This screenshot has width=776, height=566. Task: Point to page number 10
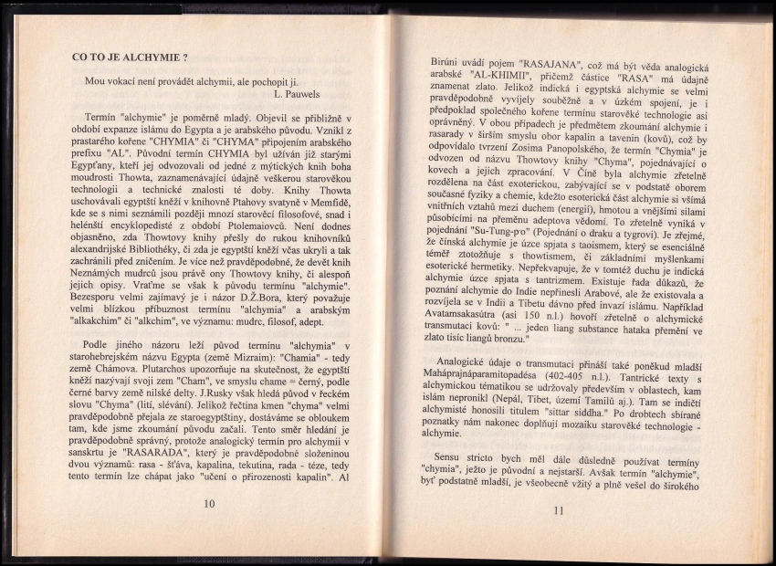(209, 503)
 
